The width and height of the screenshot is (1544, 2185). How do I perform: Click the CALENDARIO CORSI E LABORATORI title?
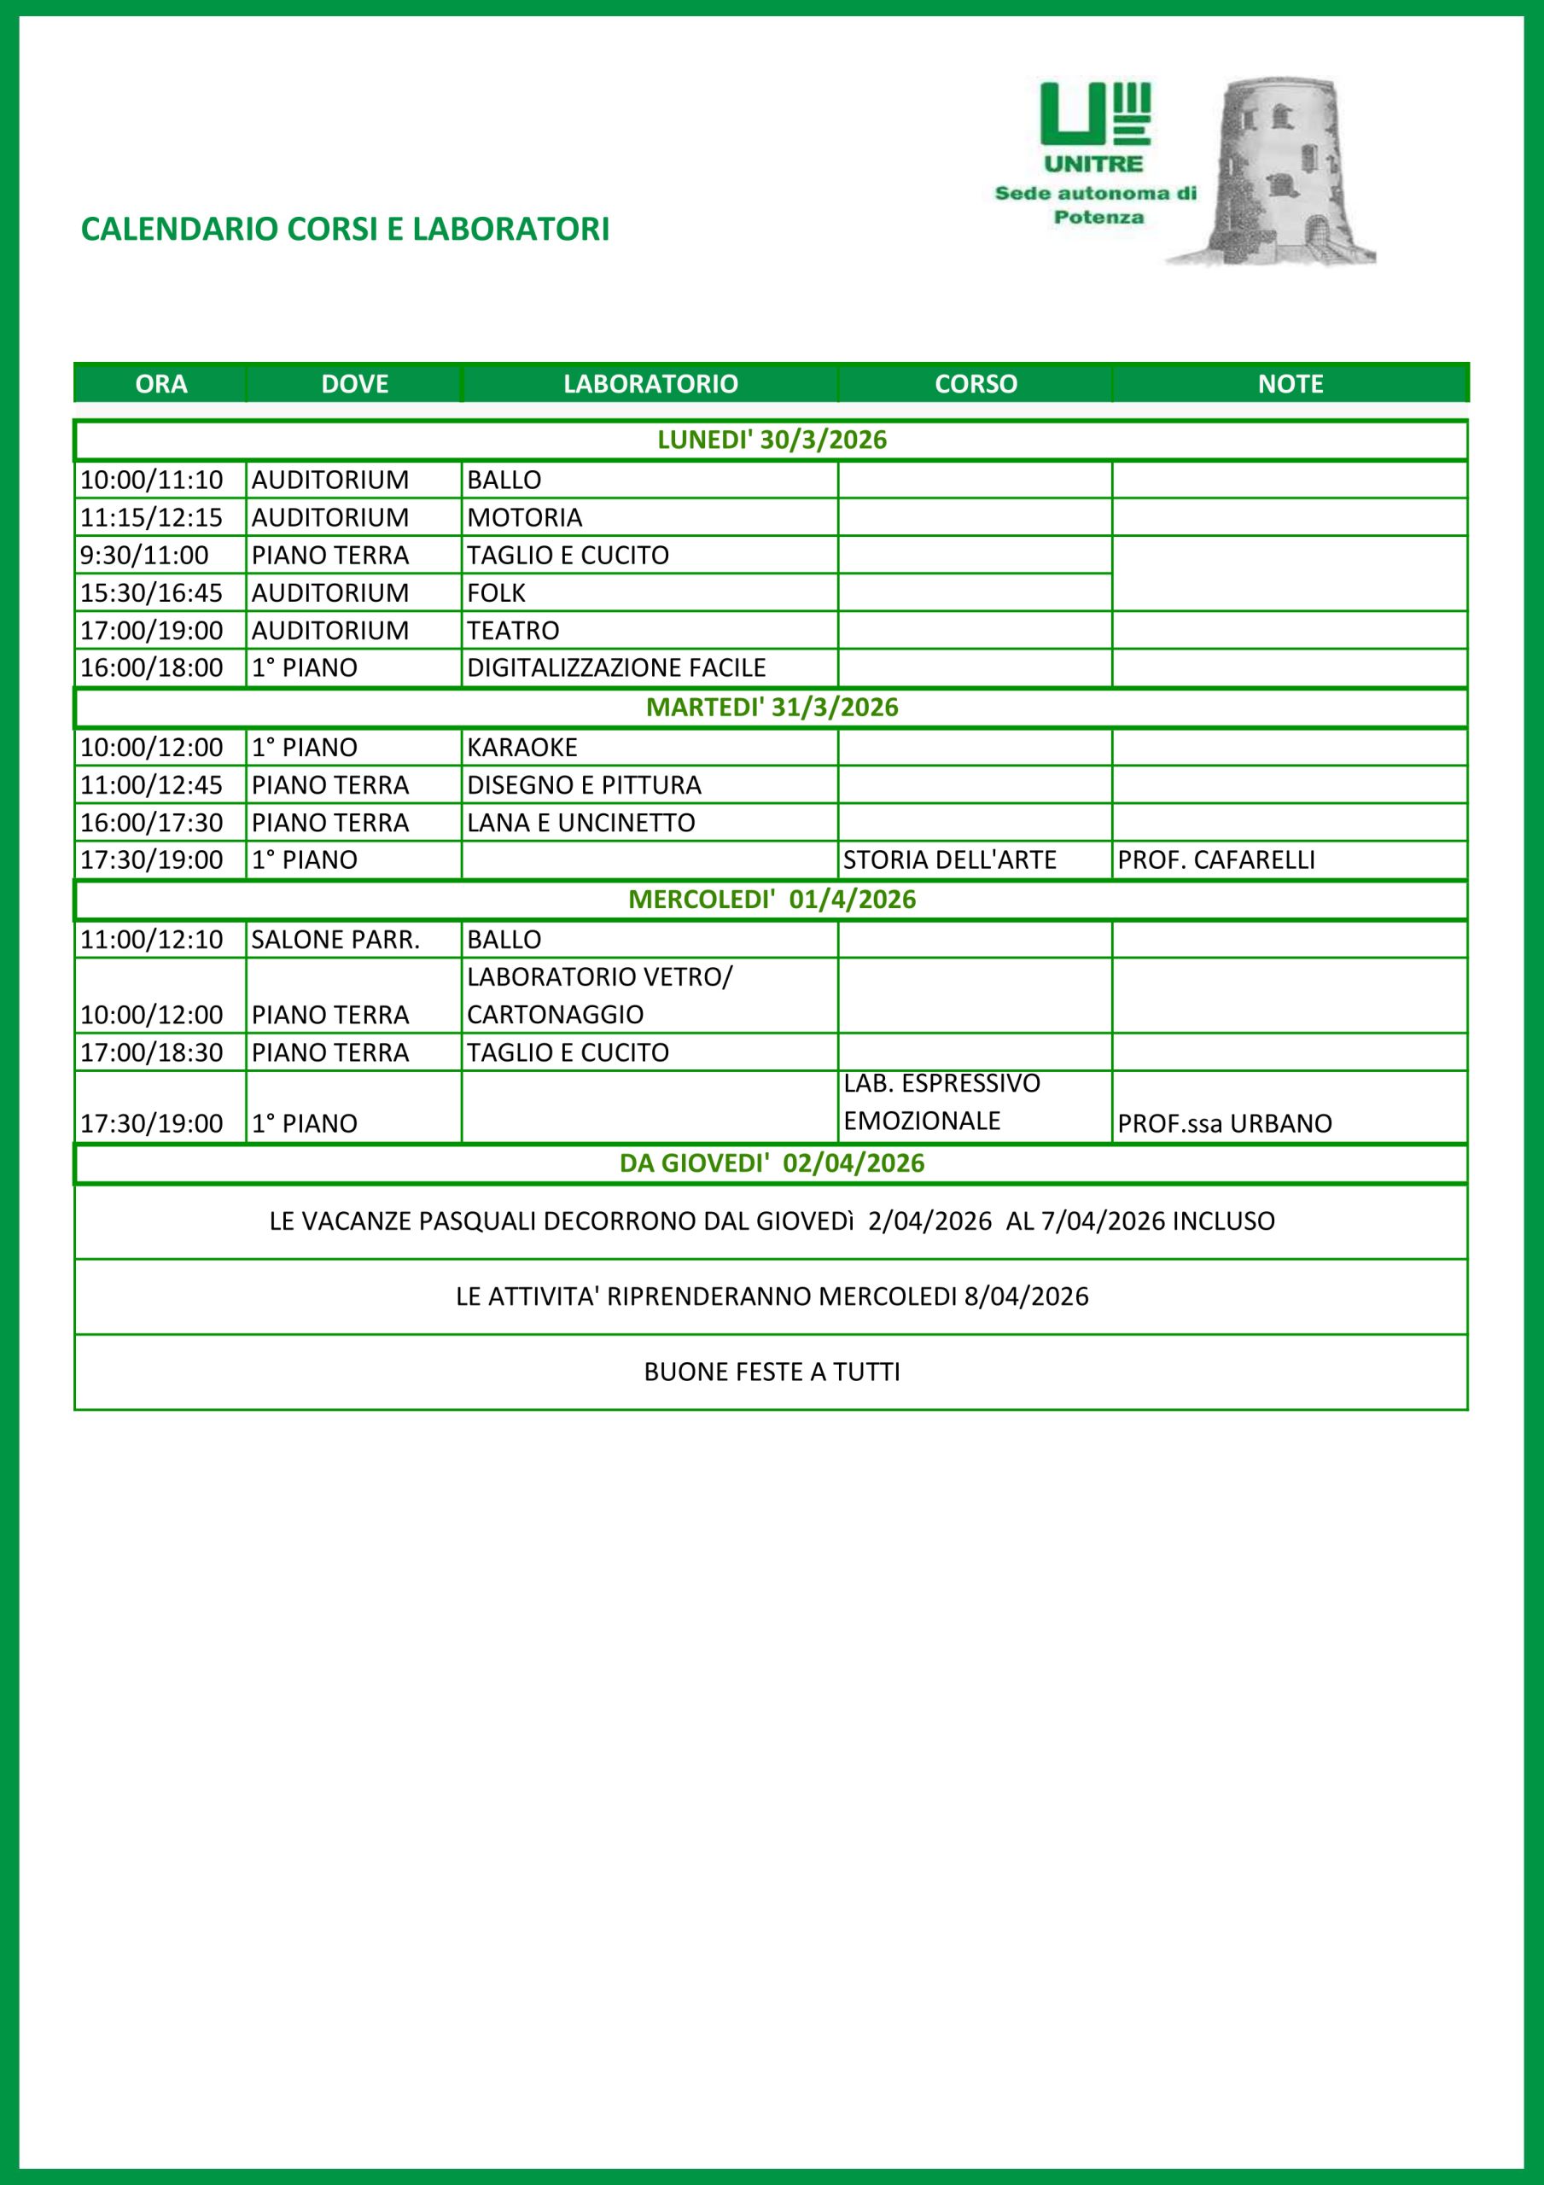coord(345,230)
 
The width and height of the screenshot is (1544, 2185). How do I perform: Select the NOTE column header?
coord(1290,383)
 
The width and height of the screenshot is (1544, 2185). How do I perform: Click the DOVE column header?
coord(354,383)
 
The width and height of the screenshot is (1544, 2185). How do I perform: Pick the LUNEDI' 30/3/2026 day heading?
coord(771,440)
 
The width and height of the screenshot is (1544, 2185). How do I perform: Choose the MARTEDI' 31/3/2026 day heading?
coord(771,707)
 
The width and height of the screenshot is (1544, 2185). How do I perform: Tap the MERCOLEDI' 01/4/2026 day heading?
coord(771,900)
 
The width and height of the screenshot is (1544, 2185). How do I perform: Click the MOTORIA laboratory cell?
coord(525,518)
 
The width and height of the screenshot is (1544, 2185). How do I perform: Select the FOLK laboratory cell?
coord(496,593)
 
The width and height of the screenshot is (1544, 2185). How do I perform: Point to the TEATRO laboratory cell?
coord(513,630)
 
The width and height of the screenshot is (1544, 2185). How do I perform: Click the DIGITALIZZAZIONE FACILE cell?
coord(616,668)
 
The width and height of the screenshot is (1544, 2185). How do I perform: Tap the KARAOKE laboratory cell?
coord(521,747)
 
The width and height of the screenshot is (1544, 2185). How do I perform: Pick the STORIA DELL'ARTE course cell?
coord(949,860)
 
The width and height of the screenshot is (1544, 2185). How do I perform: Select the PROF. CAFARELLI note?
coord(1215,860)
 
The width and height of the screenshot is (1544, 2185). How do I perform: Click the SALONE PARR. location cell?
coord(335,939)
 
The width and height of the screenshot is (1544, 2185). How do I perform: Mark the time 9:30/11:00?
coord(143,555)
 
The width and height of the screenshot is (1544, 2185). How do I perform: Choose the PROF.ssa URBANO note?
coord(1224,1123)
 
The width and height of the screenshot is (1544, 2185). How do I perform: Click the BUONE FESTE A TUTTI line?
coord(771,1372)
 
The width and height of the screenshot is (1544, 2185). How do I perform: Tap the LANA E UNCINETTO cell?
coord(580,822)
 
